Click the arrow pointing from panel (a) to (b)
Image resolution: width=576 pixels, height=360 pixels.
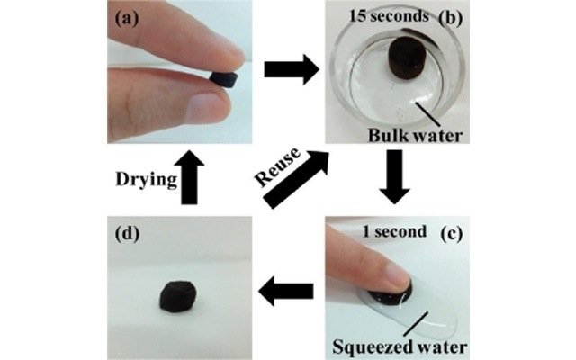[290, 68]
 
